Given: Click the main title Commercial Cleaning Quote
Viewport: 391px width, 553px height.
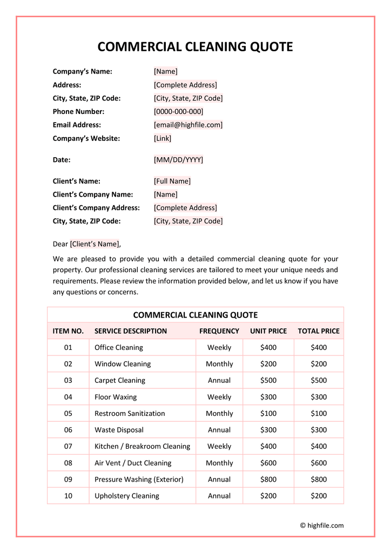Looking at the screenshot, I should pyautogui.click(x=195, y=47).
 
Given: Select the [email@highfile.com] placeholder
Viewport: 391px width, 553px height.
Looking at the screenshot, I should pyautogui.click(x=188, y=125).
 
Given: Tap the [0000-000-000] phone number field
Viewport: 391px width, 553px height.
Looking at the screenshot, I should pyautogui.click(x=178, y=111).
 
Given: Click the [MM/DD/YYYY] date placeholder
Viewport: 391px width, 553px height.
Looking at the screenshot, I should pyautogui.click(x=178, y=160).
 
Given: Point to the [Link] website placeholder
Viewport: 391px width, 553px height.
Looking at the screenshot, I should pyautogui.click(x=163, y=138).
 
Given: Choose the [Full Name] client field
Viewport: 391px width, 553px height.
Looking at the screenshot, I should pyautogui.click(x=172, y=181).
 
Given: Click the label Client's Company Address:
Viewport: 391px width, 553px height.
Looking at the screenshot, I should pyautogui.click(x=96, y=208).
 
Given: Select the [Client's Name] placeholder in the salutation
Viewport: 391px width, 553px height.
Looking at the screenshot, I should pyautogui.click(x=95, y=244).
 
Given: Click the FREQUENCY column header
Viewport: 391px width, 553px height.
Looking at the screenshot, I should pyautogui.click(x=219, y=331).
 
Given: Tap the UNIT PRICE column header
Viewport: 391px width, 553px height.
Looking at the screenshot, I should pyautogui.click(x=268, y=331).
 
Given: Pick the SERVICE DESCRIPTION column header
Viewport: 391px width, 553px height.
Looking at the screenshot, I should pyautogui.click(x=131, y=331).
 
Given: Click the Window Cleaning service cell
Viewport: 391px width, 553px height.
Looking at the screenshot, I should pyautogui.click(x=123, y=364).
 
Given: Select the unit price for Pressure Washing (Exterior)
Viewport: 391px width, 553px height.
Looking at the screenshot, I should pyautogui.click(x=268, y=480).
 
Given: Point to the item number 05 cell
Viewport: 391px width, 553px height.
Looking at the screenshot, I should pyautogui.click(x=68, y=414).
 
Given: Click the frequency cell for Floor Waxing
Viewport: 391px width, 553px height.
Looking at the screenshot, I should pyautogui.click(x=219, y=397).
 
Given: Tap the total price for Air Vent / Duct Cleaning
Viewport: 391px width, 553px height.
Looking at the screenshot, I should pyautogui.click(x=319, y=463).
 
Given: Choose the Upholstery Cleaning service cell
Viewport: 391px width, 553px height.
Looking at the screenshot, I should pyautogui.click(x=127, y=496).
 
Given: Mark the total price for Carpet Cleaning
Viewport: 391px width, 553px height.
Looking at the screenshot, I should pyautogui.click(x=319, y=380).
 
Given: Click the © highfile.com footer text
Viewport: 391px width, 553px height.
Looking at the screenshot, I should pyautogui.click(x=322, y=525).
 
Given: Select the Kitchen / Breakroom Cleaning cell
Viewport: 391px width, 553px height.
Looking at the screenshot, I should pyautogui.click(x=142, y=447).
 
